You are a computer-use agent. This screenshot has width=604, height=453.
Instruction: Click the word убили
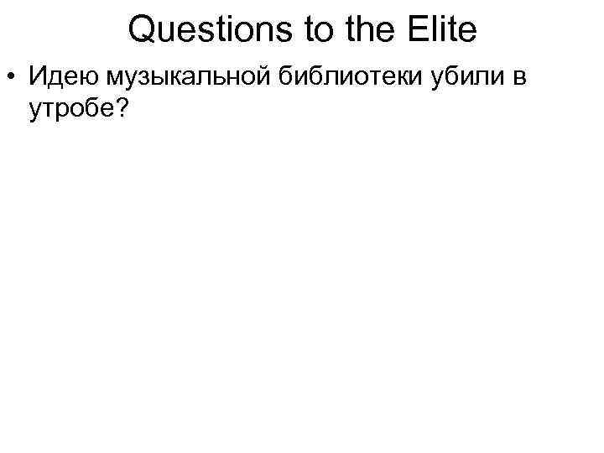(x=458, y=78)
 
